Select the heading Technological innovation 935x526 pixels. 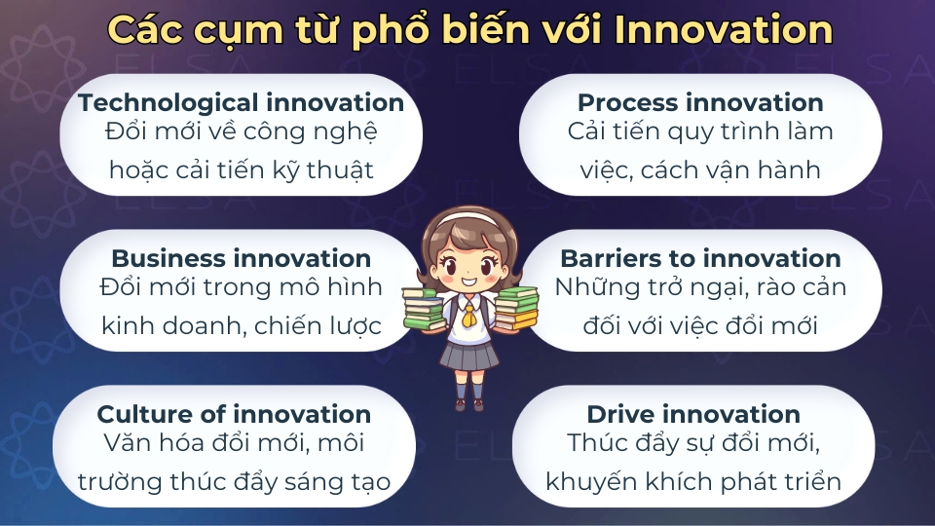[241, 102]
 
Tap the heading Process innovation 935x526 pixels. [699, 102]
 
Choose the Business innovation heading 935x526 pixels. [241, 258]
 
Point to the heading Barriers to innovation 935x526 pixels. [699, 258]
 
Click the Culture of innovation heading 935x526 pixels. [234, 414]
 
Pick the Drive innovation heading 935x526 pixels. [692, 414]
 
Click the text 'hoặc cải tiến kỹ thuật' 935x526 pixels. [241, 170]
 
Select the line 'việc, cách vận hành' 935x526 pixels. [699, 170]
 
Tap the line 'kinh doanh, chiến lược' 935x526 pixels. [241, 326]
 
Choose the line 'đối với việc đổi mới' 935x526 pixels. [699, 326]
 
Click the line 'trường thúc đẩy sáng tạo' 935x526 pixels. [234, 482]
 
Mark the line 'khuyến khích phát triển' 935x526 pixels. [692, 482]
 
